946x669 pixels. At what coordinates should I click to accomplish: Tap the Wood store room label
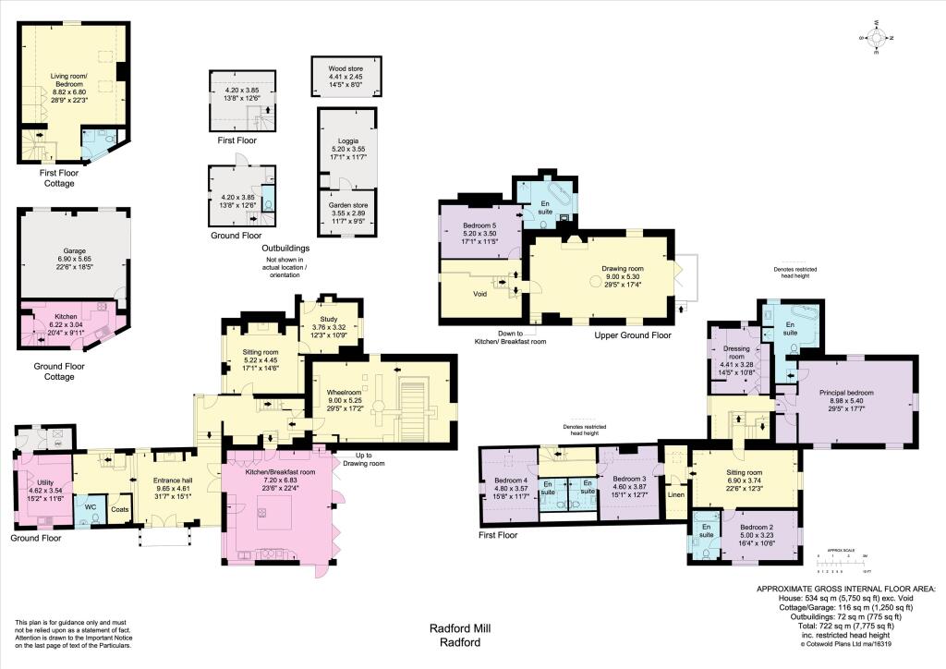point(348,67)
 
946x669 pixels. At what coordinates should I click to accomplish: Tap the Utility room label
point(46,482)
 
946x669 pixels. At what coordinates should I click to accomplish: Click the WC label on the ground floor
point(90,506)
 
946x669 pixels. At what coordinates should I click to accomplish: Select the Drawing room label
point(611,269)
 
